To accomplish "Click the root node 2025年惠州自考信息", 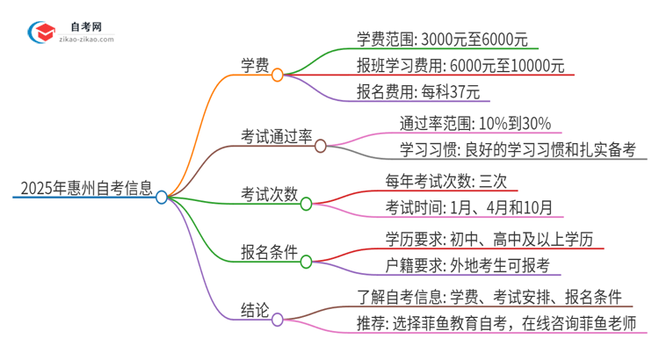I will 85,187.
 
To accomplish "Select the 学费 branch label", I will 256,65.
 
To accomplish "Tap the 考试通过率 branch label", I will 276,136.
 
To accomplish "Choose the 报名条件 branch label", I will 269,251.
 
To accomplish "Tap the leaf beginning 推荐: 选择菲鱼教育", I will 496,322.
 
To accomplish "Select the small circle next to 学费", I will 278,76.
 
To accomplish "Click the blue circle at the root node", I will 162,198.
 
